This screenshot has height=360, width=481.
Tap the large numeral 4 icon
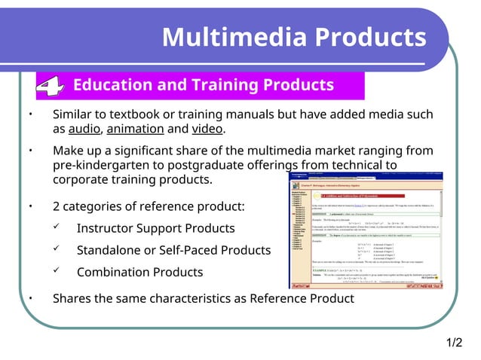(49, 87)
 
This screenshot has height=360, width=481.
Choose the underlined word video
(207, 130)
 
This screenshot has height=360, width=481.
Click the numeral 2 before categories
(57, 207)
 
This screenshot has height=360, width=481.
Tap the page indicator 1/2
(454, 343)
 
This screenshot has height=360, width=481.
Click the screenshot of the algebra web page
(377, 230)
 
